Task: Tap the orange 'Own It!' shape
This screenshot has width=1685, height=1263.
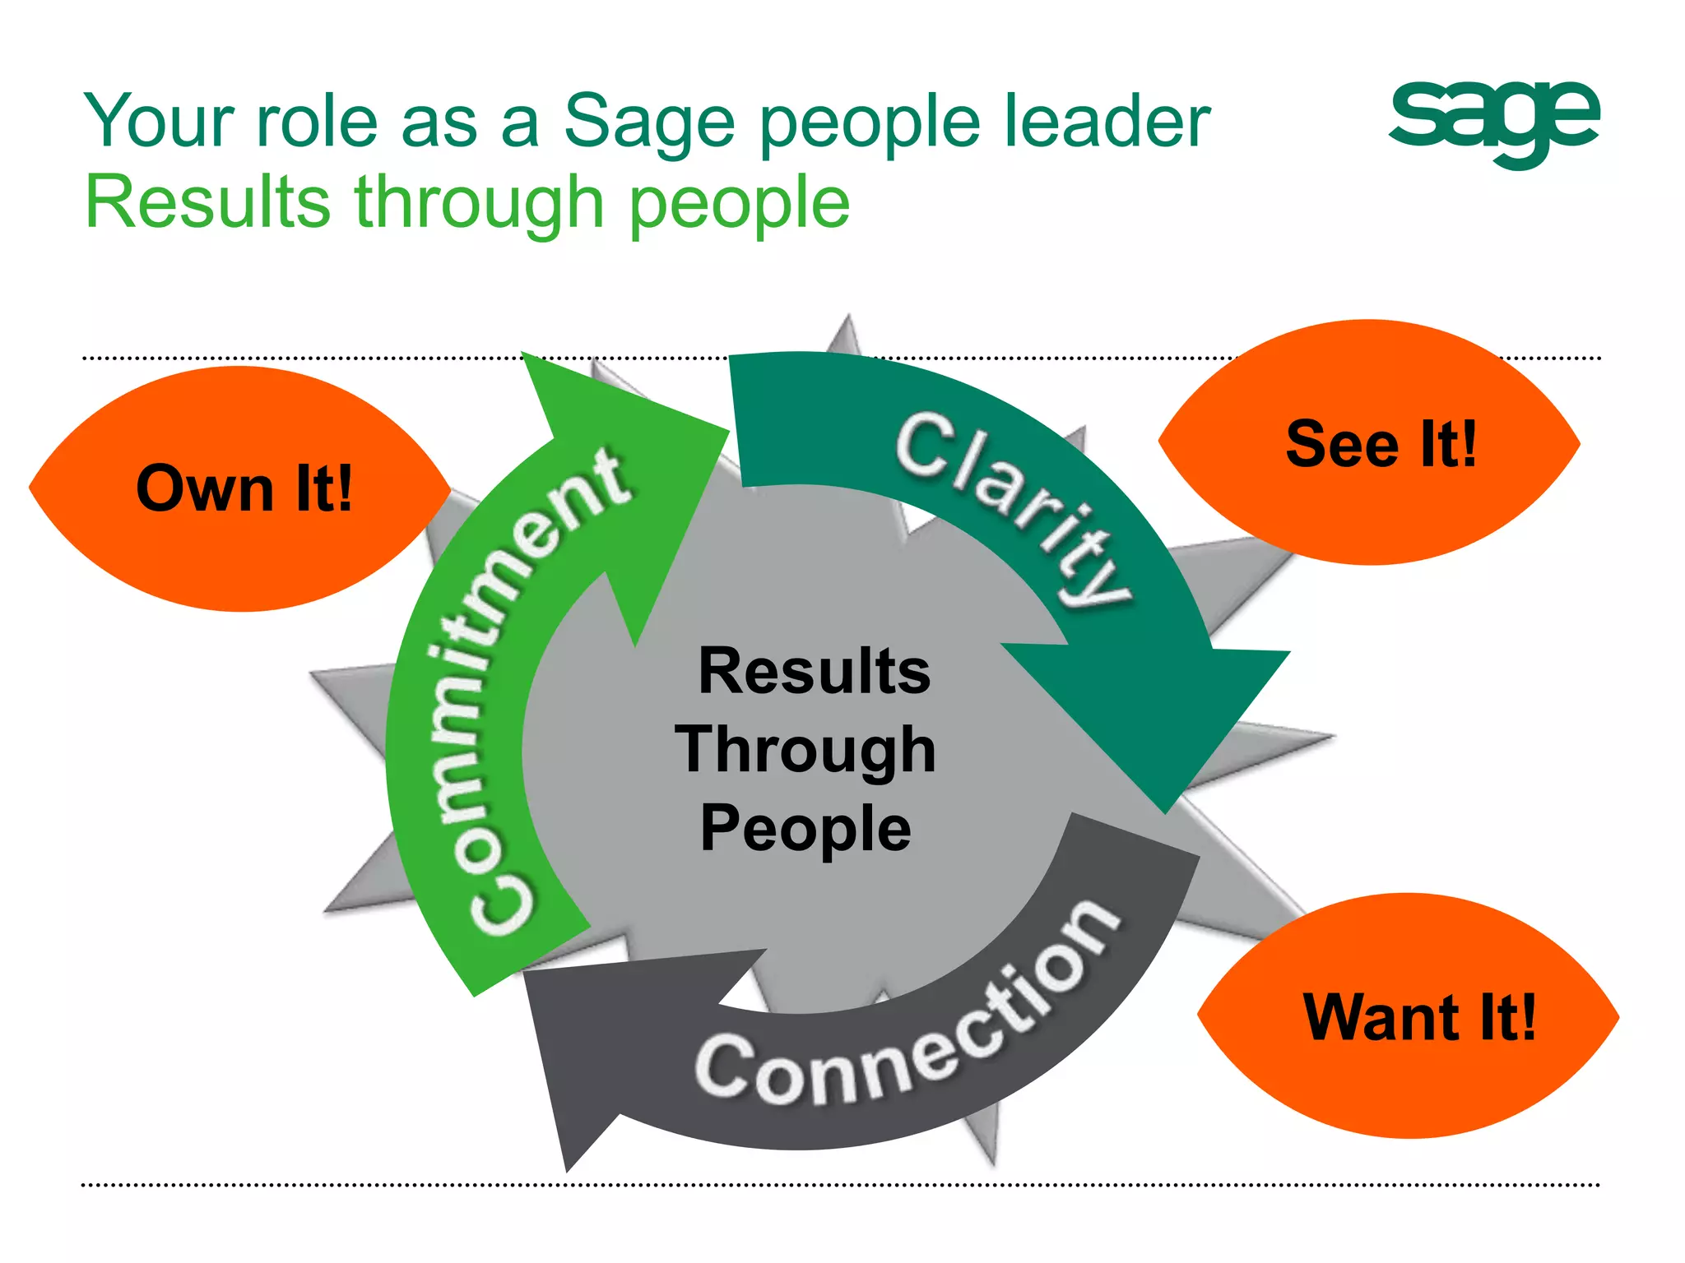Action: pyautogui.click(x=243, y=488)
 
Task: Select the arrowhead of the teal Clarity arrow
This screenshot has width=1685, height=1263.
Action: pyautogui.click(x=1160, y=715)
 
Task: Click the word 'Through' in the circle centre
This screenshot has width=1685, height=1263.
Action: pyautogui.click(x=805, y=750)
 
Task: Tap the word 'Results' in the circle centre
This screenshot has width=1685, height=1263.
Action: pyautogui.click(x=814, y=671)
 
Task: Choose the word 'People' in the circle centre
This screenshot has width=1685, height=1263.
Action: pyautogui.click(x=805, y=827)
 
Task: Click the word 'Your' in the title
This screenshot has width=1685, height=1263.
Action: pyautogui.click(x=160, y=122)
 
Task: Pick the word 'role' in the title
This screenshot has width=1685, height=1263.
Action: pyautogui.click(x=317, y=122)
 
